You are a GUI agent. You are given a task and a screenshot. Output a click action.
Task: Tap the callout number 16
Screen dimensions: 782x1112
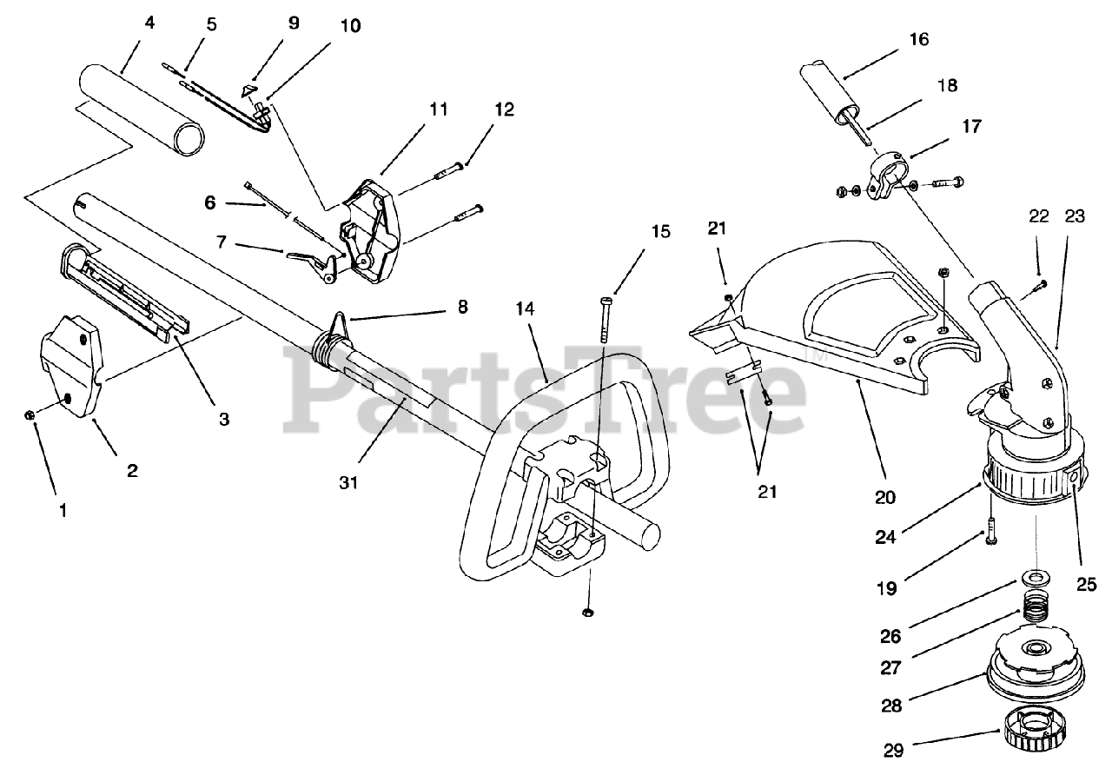point(919,39)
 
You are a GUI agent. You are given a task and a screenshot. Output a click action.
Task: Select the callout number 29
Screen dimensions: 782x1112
point(892,750)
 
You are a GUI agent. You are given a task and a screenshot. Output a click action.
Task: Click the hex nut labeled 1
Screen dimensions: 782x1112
point(30,415)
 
